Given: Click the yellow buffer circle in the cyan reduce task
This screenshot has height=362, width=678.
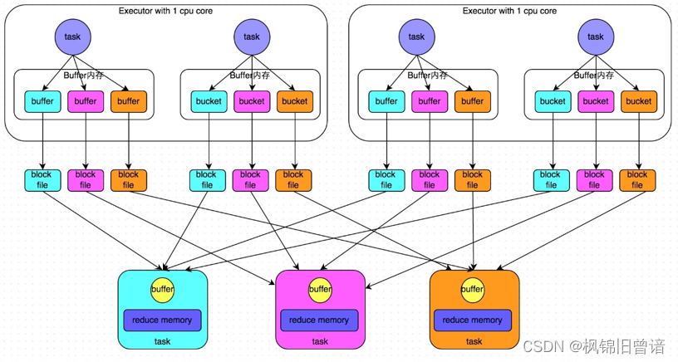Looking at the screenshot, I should click(163, 290).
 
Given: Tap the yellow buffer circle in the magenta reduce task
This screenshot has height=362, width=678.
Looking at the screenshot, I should click(320, 290).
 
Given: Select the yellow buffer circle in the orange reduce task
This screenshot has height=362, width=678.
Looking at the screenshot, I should click(473, 290).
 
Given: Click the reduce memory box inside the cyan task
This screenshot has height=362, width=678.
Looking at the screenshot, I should click(163, 320).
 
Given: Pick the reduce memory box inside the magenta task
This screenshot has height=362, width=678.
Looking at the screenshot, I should click(320, 320).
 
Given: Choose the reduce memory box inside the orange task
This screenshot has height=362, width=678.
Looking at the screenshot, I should click(473, 320).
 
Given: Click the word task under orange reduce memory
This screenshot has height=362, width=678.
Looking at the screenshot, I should click(474, 341).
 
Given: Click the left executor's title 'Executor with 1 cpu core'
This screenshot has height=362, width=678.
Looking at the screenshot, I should click(167, 11).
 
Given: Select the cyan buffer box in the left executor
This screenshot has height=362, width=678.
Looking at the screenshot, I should click(42, 101).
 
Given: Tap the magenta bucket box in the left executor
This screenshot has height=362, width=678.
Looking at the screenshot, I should click(252, 101).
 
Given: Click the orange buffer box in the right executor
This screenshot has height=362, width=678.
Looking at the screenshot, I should click(472, 101).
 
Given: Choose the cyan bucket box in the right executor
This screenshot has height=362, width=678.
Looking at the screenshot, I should click(553, 101).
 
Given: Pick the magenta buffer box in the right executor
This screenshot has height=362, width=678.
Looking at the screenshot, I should click(429, 101).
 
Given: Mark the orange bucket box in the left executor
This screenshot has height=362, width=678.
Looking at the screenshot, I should click(294, 101).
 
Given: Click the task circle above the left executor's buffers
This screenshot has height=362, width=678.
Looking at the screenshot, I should click(73, 37).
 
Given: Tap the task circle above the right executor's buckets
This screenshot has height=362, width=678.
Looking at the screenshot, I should click(596, 37).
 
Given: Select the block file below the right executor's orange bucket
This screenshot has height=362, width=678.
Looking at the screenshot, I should click(637, 180).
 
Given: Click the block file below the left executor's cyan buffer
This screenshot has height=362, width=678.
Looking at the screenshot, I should click(42, 180).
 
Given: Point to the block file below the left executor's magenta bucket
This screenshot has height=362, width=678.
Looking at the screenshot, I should click(251, 180).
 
